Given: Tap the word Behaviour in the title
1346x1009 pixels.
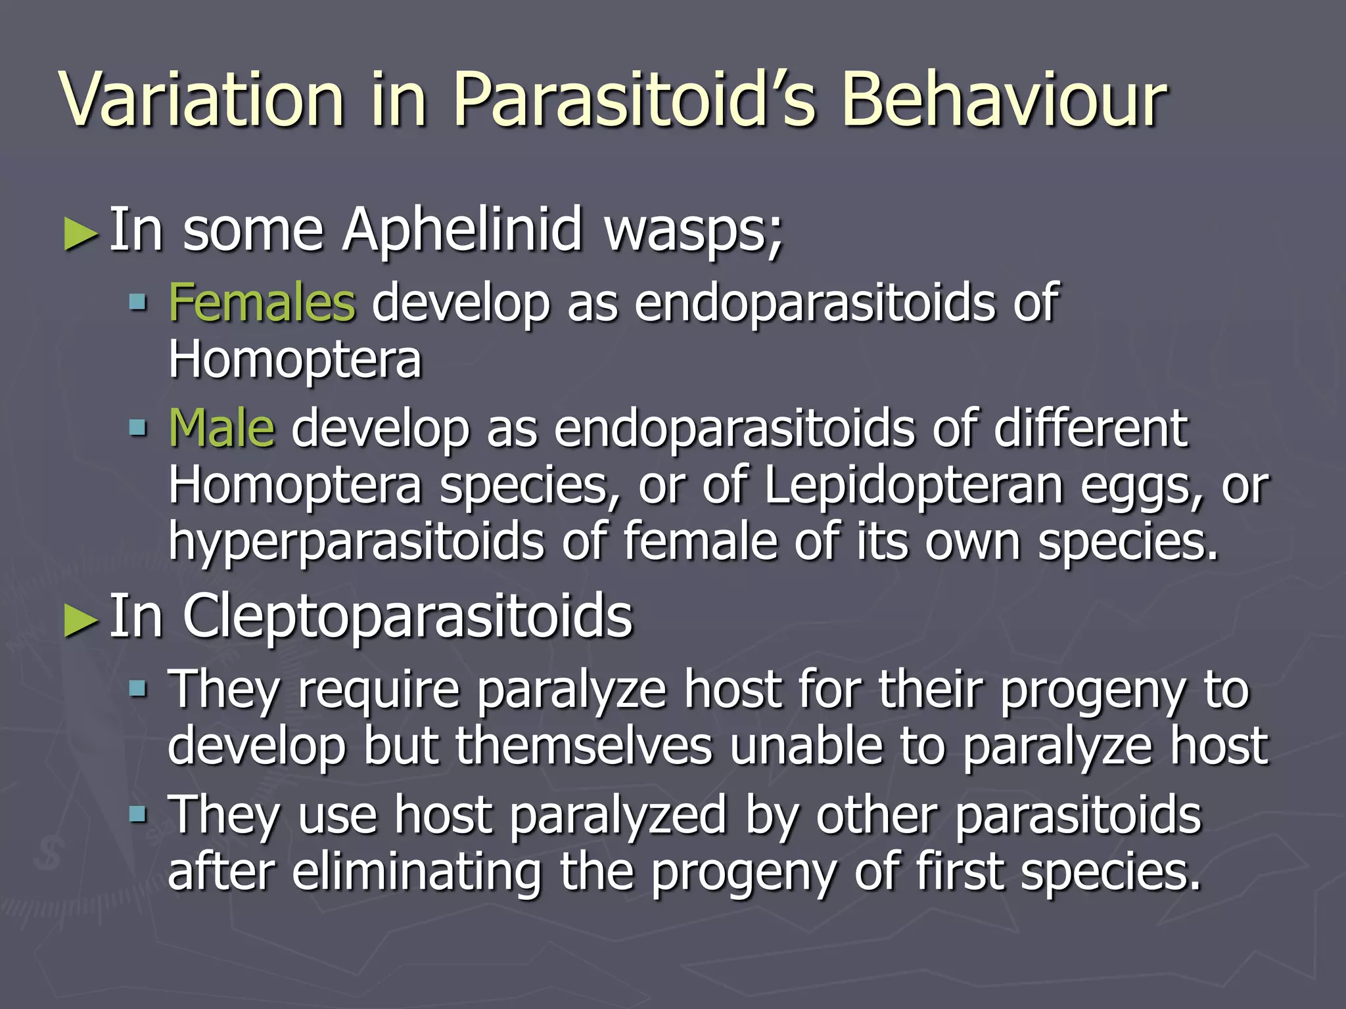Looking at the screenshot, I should [1004, 100].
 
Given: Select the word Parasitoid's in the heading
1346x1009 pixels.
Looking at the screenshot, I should [634, 100].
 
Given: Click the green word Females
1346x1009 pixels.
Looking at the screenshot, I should [262, 303].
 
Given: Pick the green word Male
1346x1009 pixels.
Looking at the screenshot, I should [221, 428].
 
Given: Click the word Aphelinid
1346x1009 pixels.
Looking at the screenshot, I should [462, 230].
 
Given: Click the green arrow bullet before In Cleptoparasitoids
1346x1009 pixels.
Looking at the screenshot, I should [81, 620].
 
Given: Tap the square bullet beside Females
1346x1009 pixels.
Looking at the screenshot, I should [138, 303].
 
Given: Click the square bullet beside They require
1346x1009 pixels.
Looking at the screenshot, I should [138, 689].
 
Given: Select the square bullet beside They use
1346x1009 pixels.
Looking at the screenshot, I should [138, 815].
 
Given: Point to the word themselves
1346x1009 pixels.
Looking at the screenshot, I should [584, 746].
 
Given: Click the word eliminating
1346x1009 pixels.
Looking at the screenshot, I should [417, 871].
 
